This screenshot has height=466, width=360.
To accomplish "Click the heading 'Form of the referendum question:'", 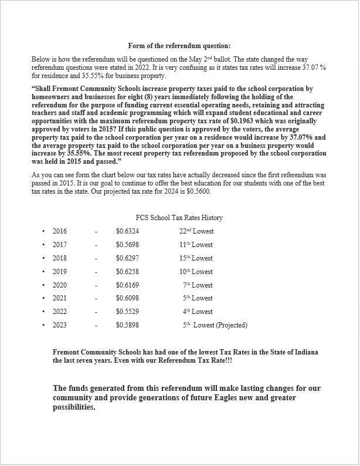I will coord(179,46).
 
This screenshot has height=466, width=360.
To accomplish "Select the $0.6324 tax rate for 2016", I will coord(127,231).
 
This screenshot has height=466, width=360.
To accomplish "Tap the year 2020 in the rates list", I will coord(60,285).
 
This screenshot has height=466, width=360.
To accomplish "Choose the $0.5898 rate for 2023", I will coord(127,325).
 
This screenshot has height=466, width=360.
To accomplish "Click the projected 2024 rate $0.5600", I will coord(198,192).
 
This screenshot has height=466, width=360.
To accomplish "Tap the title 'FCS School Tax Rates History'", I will coord(179,218).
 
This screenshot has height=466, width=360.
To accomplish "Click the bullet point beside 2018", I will coord(43,258).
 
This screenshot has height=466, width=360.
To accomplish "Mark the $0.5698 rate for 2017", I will coord(127,245).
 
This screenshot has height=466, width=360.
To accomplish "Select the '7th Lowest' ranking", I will coord(198,285).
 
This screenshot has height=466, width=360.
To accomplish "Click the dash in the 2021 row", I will coord(96,298).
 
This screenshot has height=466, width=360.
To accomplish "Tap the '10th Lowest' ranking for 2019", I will coord(196,272).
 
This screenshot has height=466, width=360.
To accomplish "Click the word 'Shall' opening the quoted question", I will coord(44,89).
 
